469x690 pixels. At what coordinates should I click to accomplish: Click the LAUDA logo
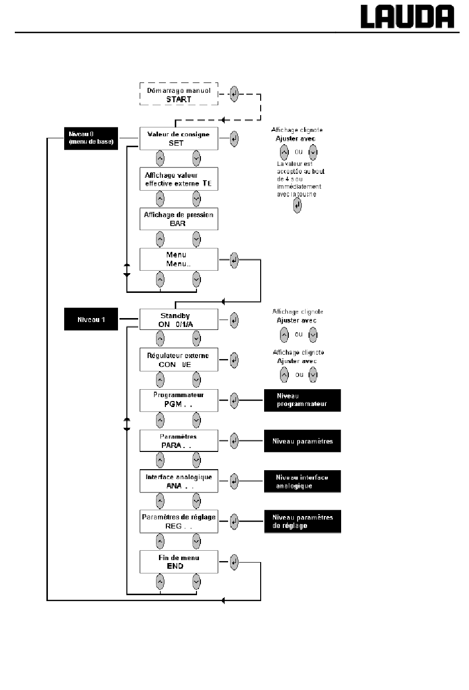click(x=407, y=17)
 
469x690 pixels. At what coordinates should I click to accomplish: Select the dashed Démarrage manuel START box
click(x=179, y=94)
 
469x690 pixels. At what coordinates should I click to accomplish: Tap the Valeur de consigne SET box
click(x=179, y=139)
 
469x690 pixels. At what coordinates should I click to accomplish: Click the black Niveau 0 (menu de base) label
click(x=91, y=139)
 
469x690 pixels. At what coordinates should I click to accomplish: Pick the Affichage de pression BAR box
click(x=179, y=219)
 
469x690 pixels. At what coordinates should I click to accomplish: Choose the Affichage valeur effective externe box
click(x=179, y=179)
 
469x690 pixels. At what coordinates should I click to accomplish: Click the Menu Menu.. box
click(x=179, y=259)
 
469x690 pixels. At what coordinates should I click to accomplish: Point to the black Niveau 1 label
click(x=91, y=319)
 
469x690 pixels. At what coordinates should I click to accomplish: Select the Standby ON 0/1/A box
click(x=179, y=320)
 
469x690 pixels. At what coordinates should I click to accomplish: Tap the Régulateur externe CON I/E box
click(x=179, y=360)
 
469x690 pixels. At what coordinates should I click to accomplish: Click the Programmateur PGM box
click(x=179, y=401)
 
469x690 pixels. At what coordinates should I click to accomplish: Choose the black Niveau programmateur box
click(x=303, y=401)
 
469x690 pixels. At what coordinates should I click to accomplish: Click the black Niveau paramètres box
click(x=303, y=441)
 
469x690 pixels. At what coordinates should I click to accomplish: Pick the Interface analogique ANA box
click(x=179, y=481)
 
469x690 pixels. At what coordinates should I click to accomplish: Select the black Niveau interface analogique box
click(x=303, y=482)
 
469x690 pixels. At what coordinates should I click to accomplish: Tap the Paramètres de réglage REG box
click(x=179, y=522)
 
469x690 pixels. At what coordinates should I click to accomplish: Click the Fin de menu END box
click(x=179, y=562)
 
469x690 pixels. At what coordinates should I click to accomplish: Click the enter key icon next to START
click(x=234, y=94)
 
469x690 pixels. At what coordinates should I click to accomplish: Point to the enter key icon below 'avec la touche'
click(x=297, y=205)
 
